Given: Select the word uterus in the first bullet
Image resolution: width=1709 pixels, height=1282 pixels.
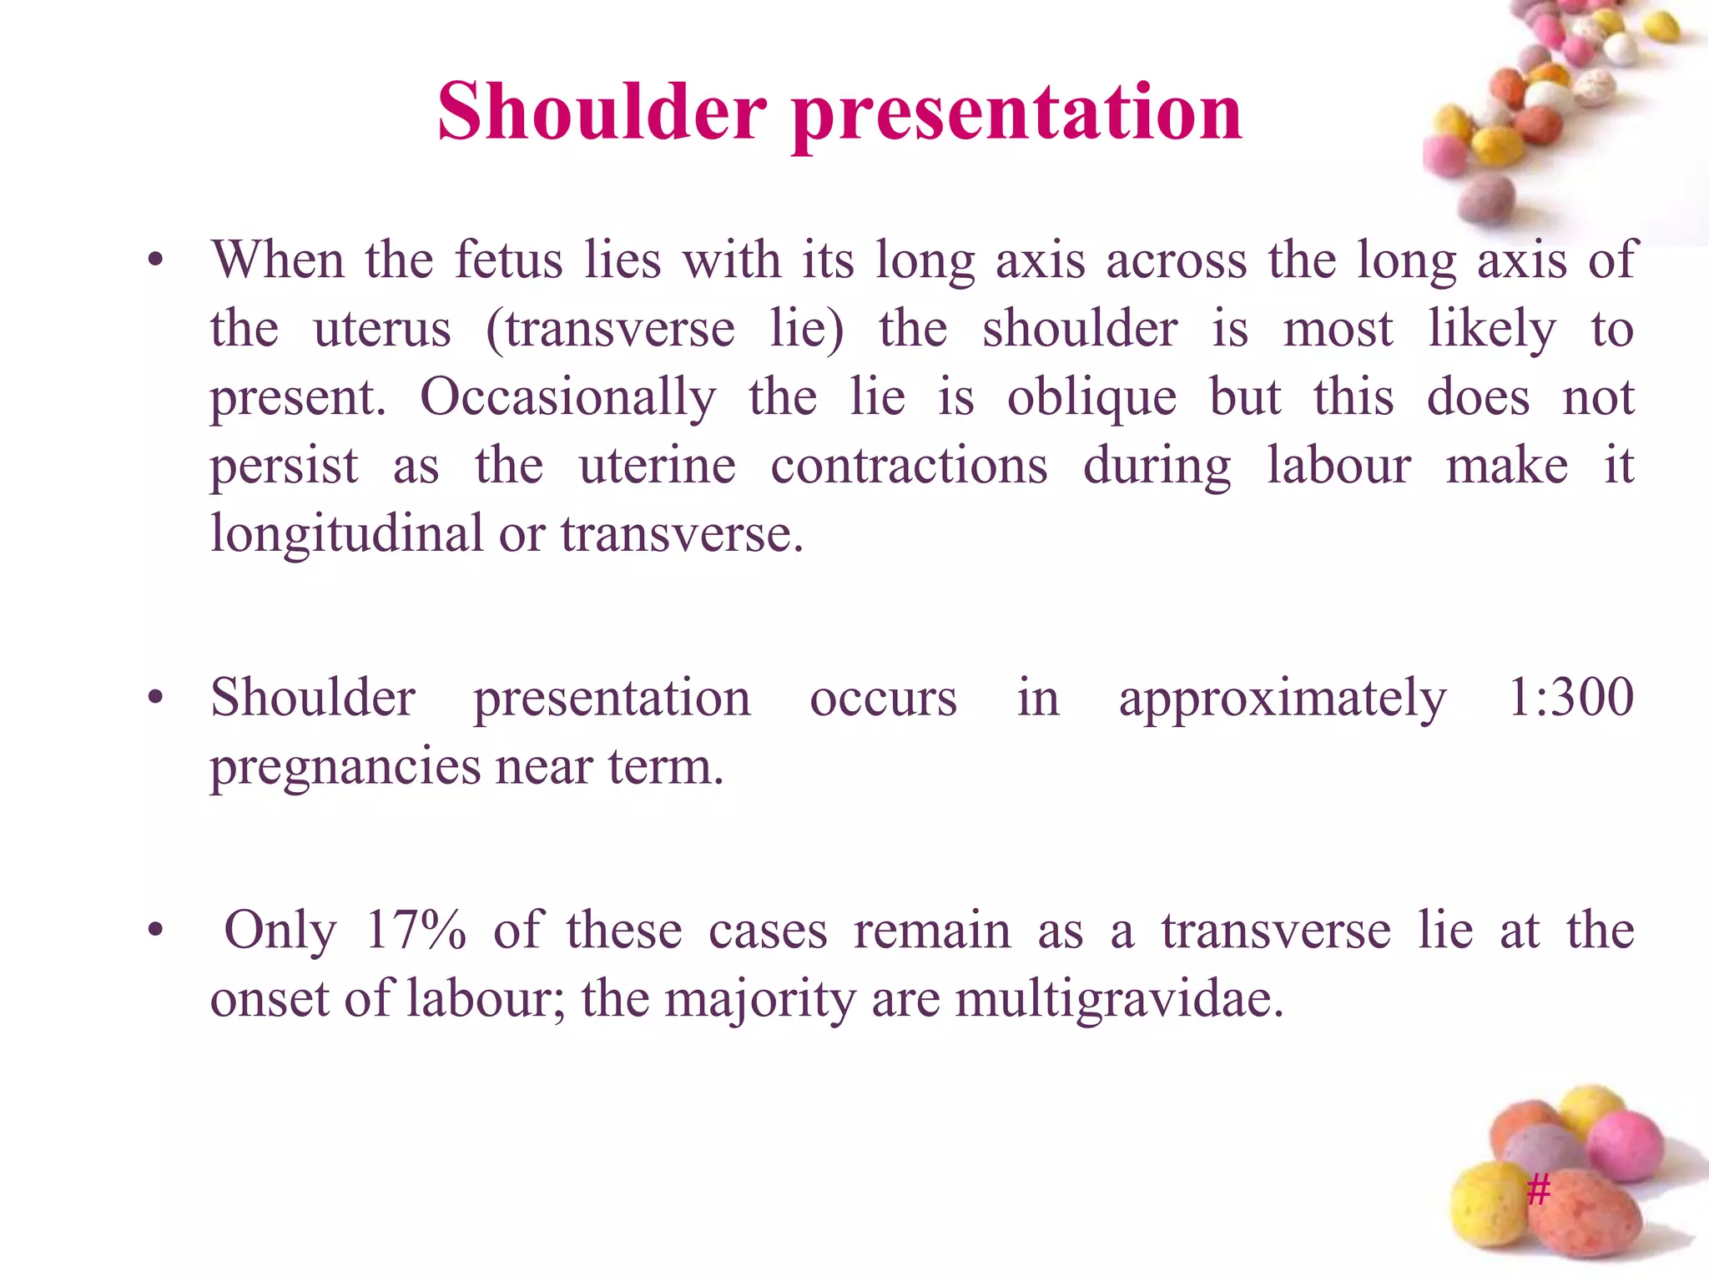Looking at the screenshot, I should coord(382,328).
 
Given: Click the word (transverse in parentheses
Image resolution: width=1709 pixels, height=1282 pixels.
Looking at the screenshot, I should coord(610,330).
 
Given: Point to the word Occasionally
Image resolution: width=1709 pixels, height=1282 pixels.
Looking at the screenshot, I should coord(567,396).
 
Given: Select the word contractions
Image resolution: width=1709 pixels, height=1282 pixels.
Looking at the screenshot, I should coord(909,465).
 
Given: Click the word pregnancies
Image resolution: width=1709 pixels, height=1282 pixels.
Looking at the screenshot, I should coord(345,767).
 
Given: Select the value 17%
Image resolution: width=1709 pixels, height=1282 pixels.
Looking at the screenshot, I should coord(416,929).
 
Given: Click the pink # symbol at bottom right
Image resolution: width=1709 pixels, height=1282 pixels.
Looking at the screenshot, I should coord(1538,1189).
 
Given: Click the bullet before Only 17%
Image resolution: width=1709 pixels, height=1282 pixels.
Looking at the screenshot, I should coord(155,931).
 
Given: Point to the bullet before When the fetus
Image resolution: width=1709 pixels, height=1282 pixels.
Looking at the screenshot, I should coord(155,260).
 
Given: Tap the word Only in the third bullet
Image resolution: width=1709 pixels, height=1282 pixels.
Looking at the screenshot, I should coord(280,929).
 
